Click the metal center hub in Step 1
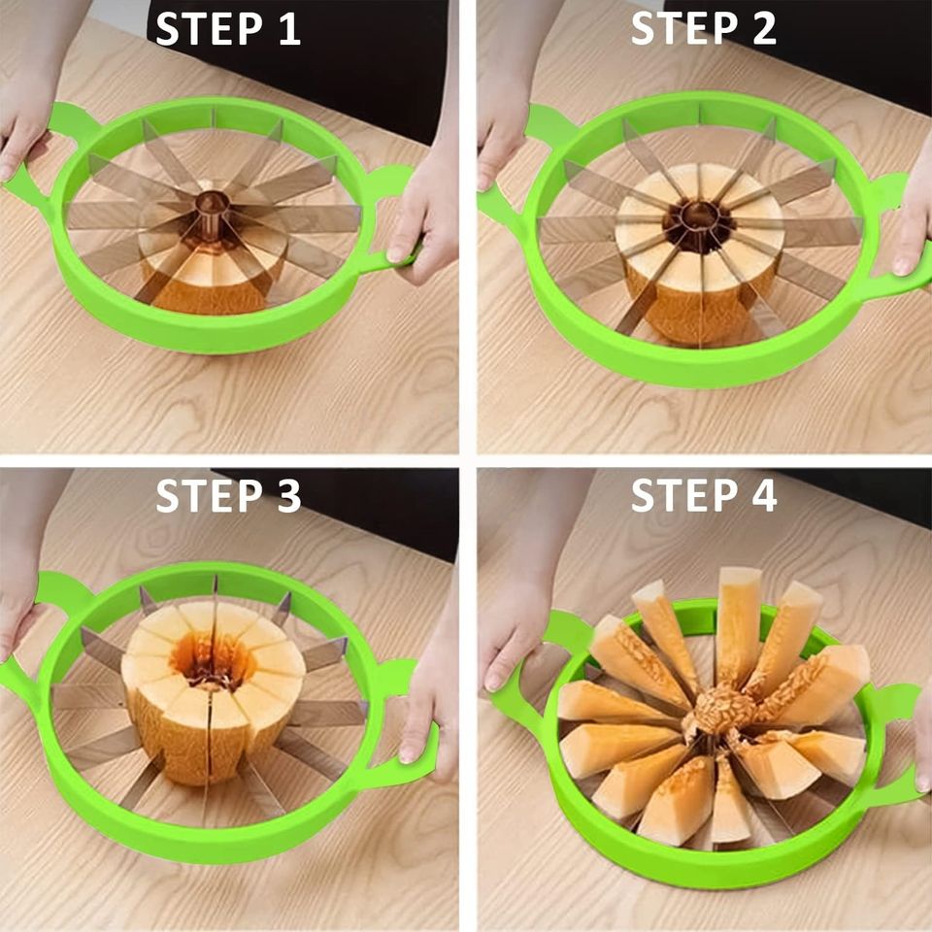coord(213,206)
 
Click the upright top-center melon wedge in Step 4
coord(739,621)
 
